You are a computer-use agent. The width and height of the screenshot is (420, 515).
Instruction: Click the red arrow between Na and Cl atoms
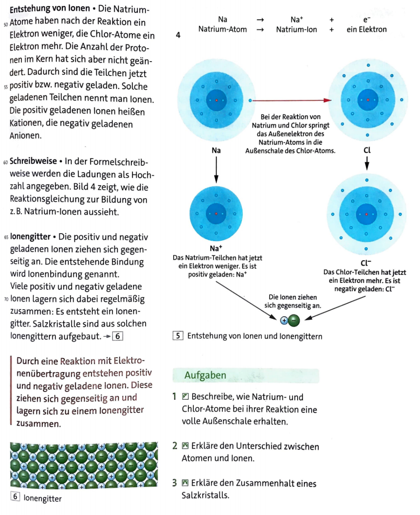point(292,100)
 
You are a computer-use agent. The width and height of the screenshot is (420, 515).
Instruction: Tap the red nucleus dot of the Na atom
point(217,100)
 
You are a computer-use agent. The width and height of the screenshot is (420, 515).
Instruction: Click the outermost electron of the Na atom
point(250,100)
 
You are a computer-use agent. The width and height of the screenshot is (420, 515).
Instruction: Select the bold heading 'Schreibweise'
point(33,161)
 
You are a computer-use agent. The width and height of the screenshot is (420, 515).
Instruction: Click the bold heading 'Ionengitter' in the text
point(30,237)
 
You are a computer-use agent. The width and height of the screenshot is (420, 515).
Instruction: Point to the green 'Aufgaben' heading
point(205,375)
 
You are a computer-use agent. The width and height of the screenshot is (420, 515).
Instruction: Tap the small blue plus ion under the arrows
point(284,320)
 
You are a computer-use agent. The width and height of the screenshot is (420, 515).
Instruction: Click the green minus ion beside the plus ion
point(294,320)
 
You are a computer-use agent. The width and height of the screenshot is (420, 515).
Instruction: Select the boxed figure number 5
point(178,336)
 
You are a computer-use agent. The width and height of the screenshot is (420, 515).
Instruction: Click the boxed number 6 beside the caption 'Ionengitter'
point(15,496)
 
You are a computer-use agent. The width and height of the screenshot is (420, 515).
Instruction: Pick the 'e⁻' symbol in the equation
point(367,20)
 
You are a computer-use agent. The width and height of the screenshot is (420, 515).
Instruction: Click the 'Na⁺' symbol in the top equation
point(296,19)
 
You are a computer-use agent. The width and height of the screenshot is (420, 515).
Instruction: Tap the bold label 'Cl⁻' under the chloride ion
point(366,263)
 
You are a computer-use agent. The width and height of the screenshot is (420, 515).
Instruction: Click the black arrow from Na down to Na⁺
point(216,170)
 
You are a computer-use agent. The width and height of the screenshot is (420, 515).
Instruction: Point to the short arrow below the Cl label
point(367,163)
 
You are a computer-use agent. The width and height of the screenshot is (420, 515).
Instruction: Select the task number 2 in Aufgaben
point(175,446)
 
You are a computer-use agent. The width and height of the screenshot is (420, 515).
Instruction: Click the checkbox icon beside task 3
point(185,483)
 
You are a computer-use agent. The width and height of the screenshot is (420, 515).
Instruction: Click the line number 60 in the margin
point(6,162)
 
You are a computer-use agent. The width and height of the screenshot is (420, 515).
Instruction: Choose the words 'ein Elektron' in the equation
point(367,29)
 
